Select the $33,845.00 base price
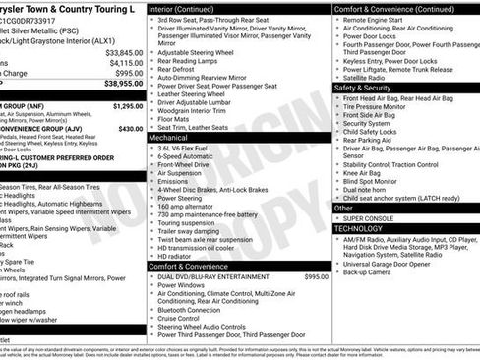pos(124,51)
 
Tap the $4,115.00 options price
pos(126,62)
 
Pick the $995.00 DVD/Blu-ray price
pos(317,277)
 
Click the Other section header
pos(343,208)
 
